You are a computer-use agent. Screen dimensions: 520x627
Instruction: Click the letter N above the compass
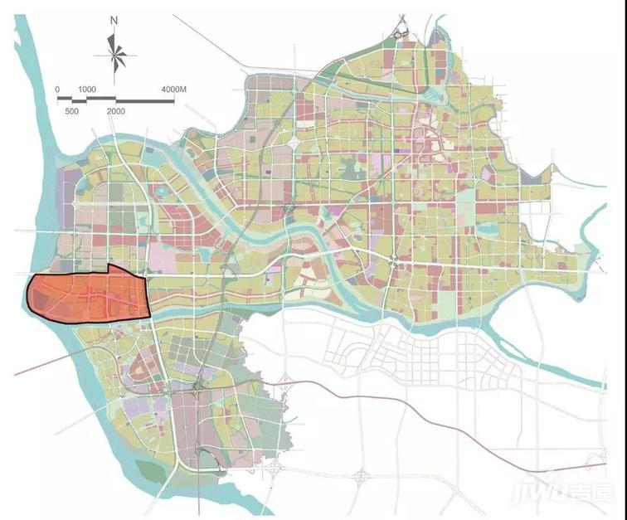tap(114, 21)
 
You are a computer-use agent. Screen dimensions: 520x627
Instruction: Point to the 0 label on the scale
tap(57, 88)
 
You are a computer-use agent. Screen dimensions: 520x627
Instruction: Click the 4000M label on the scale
tap(176, 88)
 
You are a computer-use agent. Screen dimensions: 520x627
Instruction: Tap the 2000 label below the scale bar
tap(115, 110)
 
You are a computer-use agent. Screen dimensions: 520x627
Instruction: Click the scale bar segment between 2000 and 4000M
tap(144, 100)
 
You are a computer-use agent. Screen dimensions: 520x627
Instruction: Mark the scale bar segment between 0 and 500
tap(65, 99)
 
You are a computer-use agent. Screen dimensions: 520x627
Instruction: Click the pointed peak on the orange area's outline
tap(109, 267)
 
